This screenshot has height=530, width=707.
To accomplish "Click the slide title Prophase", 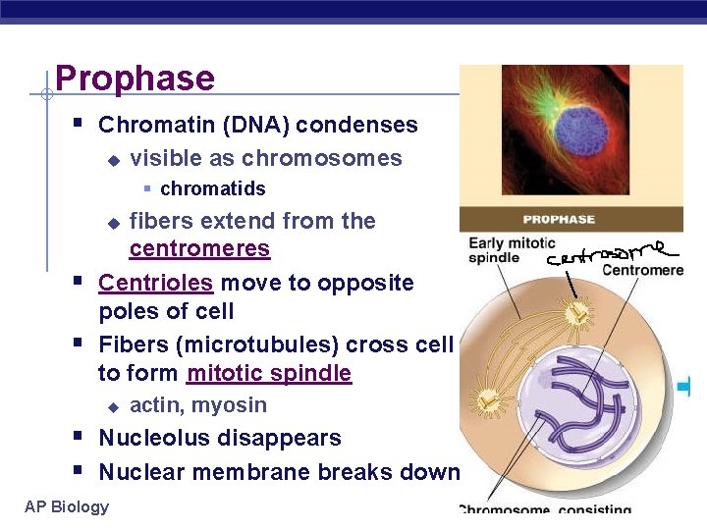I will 135,79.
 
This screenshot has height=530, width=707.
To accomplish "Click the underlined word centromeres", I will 199,249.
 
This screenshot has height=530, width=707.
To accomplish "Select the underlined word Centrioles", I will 156,284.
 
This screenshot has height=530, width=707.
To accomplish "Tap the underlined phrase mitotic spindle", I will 268,374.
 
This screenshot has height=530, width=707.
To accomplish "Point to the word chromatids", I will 212,188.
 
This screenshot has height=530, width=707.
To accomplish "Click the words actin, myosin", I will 198,405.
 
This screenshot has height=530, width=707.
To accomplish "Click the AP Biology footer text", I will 67,506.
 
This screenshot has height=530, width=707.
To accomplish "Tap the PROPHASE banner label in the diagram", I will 559,219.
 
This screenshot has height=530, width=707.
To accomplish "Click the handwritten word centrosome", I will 610,252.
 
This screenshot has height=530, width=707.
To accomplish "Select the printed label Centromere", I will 642,270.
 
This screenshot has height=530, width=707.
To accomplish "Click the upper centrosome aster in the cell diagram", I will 582,314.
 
